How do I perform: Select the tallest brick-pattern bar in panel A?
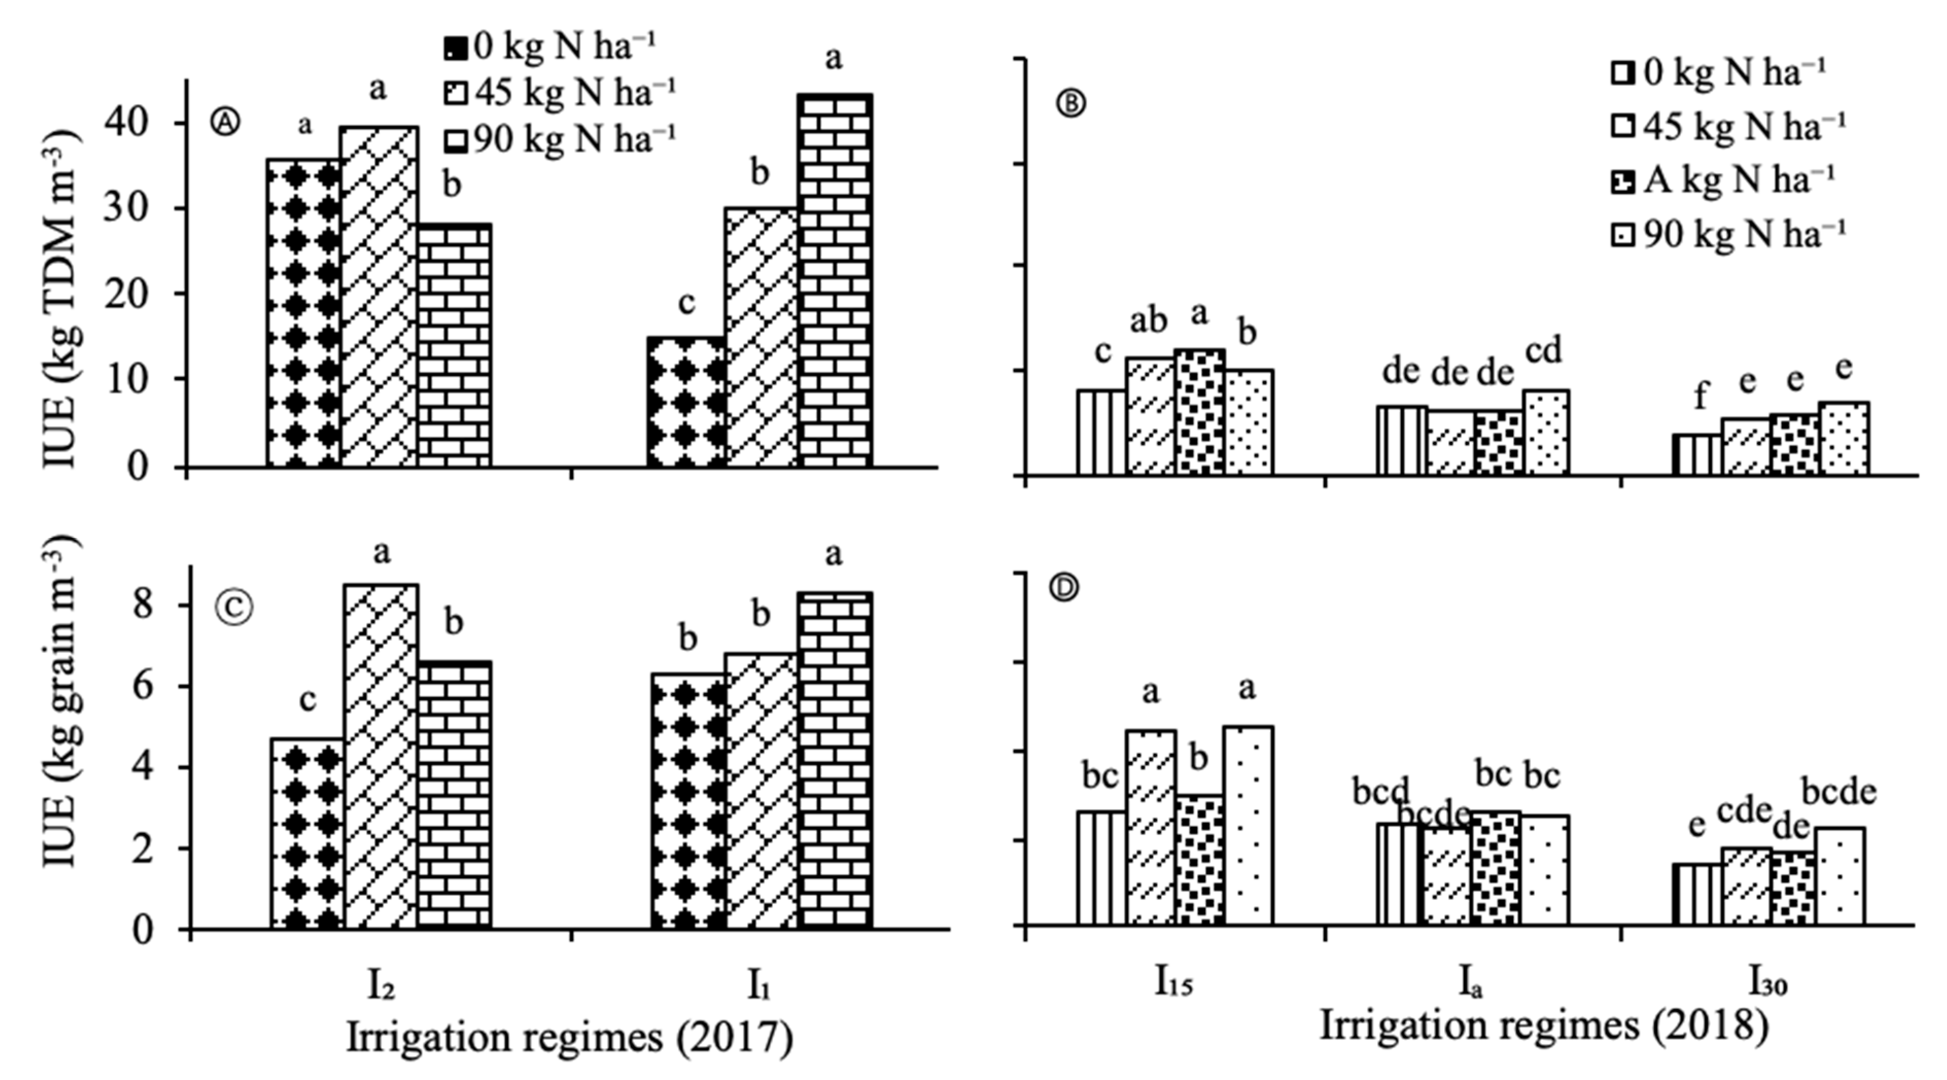[835, 279]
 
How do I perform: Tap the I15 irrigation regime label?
[1173, 983]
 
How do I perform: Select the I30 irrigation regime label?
[1768, 983]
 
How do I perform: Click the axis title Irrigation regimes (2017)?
[569, 1038]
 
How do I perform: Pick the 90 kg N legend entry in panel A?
[559, 139]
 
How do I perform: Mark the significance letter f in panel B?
[1700, 395]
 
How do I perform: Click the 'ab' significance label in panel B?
[1148, 321]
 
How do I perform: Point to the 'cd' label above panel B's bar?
[1543, 351]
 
